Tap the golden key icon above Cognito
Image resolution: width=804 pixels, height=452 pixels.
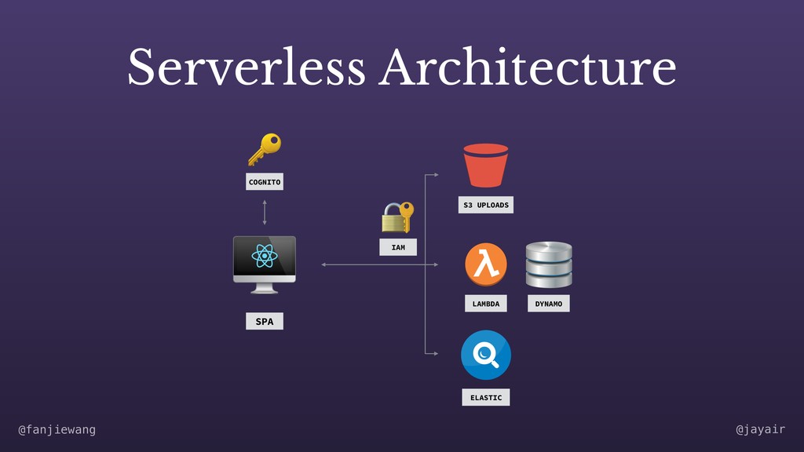(264, 149)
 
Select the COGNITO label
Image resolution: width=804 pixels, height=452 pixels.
(265, 182)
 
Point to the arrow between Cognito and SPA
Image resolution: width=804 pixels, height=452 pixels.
(265, 212)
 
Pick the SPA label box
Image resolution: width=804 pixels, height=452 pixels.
(265, 321)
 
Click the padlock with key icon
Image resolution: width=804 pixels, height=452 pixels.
(397, 217)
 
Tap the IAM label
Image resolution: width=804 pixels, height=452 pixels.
(398, 247)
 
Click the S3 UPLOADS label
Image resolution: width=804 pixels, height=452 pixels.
(485, 205)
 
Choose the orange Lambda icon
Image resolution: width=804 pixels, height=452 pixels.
(485, 264)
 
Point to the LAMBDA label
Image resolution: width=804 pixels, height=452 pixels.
(485, 304)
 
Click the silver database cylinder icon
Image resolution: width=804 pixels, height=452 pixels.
(548, 264)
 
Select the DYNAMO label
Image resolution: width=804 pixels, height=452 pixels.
(548, 304)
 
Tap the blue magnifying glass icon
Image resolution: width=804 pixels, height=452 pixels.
(485, 355)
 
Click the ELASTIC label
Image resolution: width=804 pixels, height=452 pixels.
(485, 398)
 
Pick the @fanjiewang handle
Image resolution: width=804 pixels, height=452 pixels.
(57, 430)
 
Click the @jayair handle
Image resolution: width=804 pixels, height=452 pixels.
(760, 430)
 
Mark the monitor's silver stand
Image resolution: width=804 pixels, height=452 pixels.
(264, 288)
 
